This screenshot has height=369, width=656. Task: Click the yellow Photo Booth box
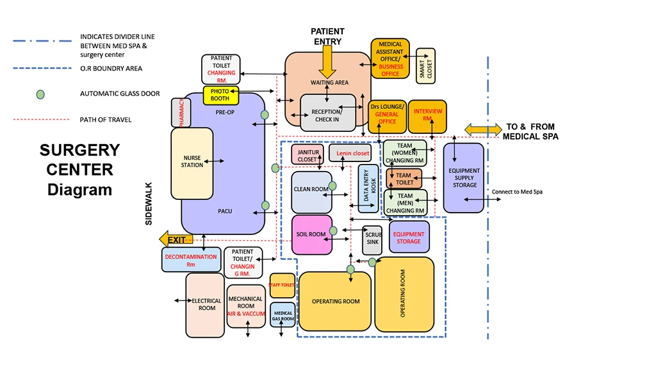[x=221, y=95]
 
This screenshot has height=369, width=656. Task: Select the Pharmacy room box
[x=181, y=113]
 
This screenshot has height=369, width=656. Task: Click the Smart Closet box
[x=425, y=66]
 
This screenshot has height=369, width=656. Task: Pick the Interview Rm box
[x=427, y=116]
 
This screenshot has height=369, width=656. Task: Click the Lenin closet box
[x=350, y=153]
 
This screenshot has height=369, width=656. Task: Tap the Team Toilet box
[x=404, y=179]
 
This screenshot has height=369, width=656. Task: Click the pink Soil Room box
[x=311, y=234]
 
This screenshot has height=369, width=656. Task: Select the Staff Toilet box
[x=282, y=285]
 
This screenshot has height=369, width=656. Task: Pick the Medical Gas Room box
[x=283, y=315]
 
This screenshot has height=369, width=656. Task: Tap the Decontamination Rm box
[x=191, y=259]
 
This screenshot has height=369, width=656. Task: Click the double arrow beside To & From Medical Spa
[x=483, y=130]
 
